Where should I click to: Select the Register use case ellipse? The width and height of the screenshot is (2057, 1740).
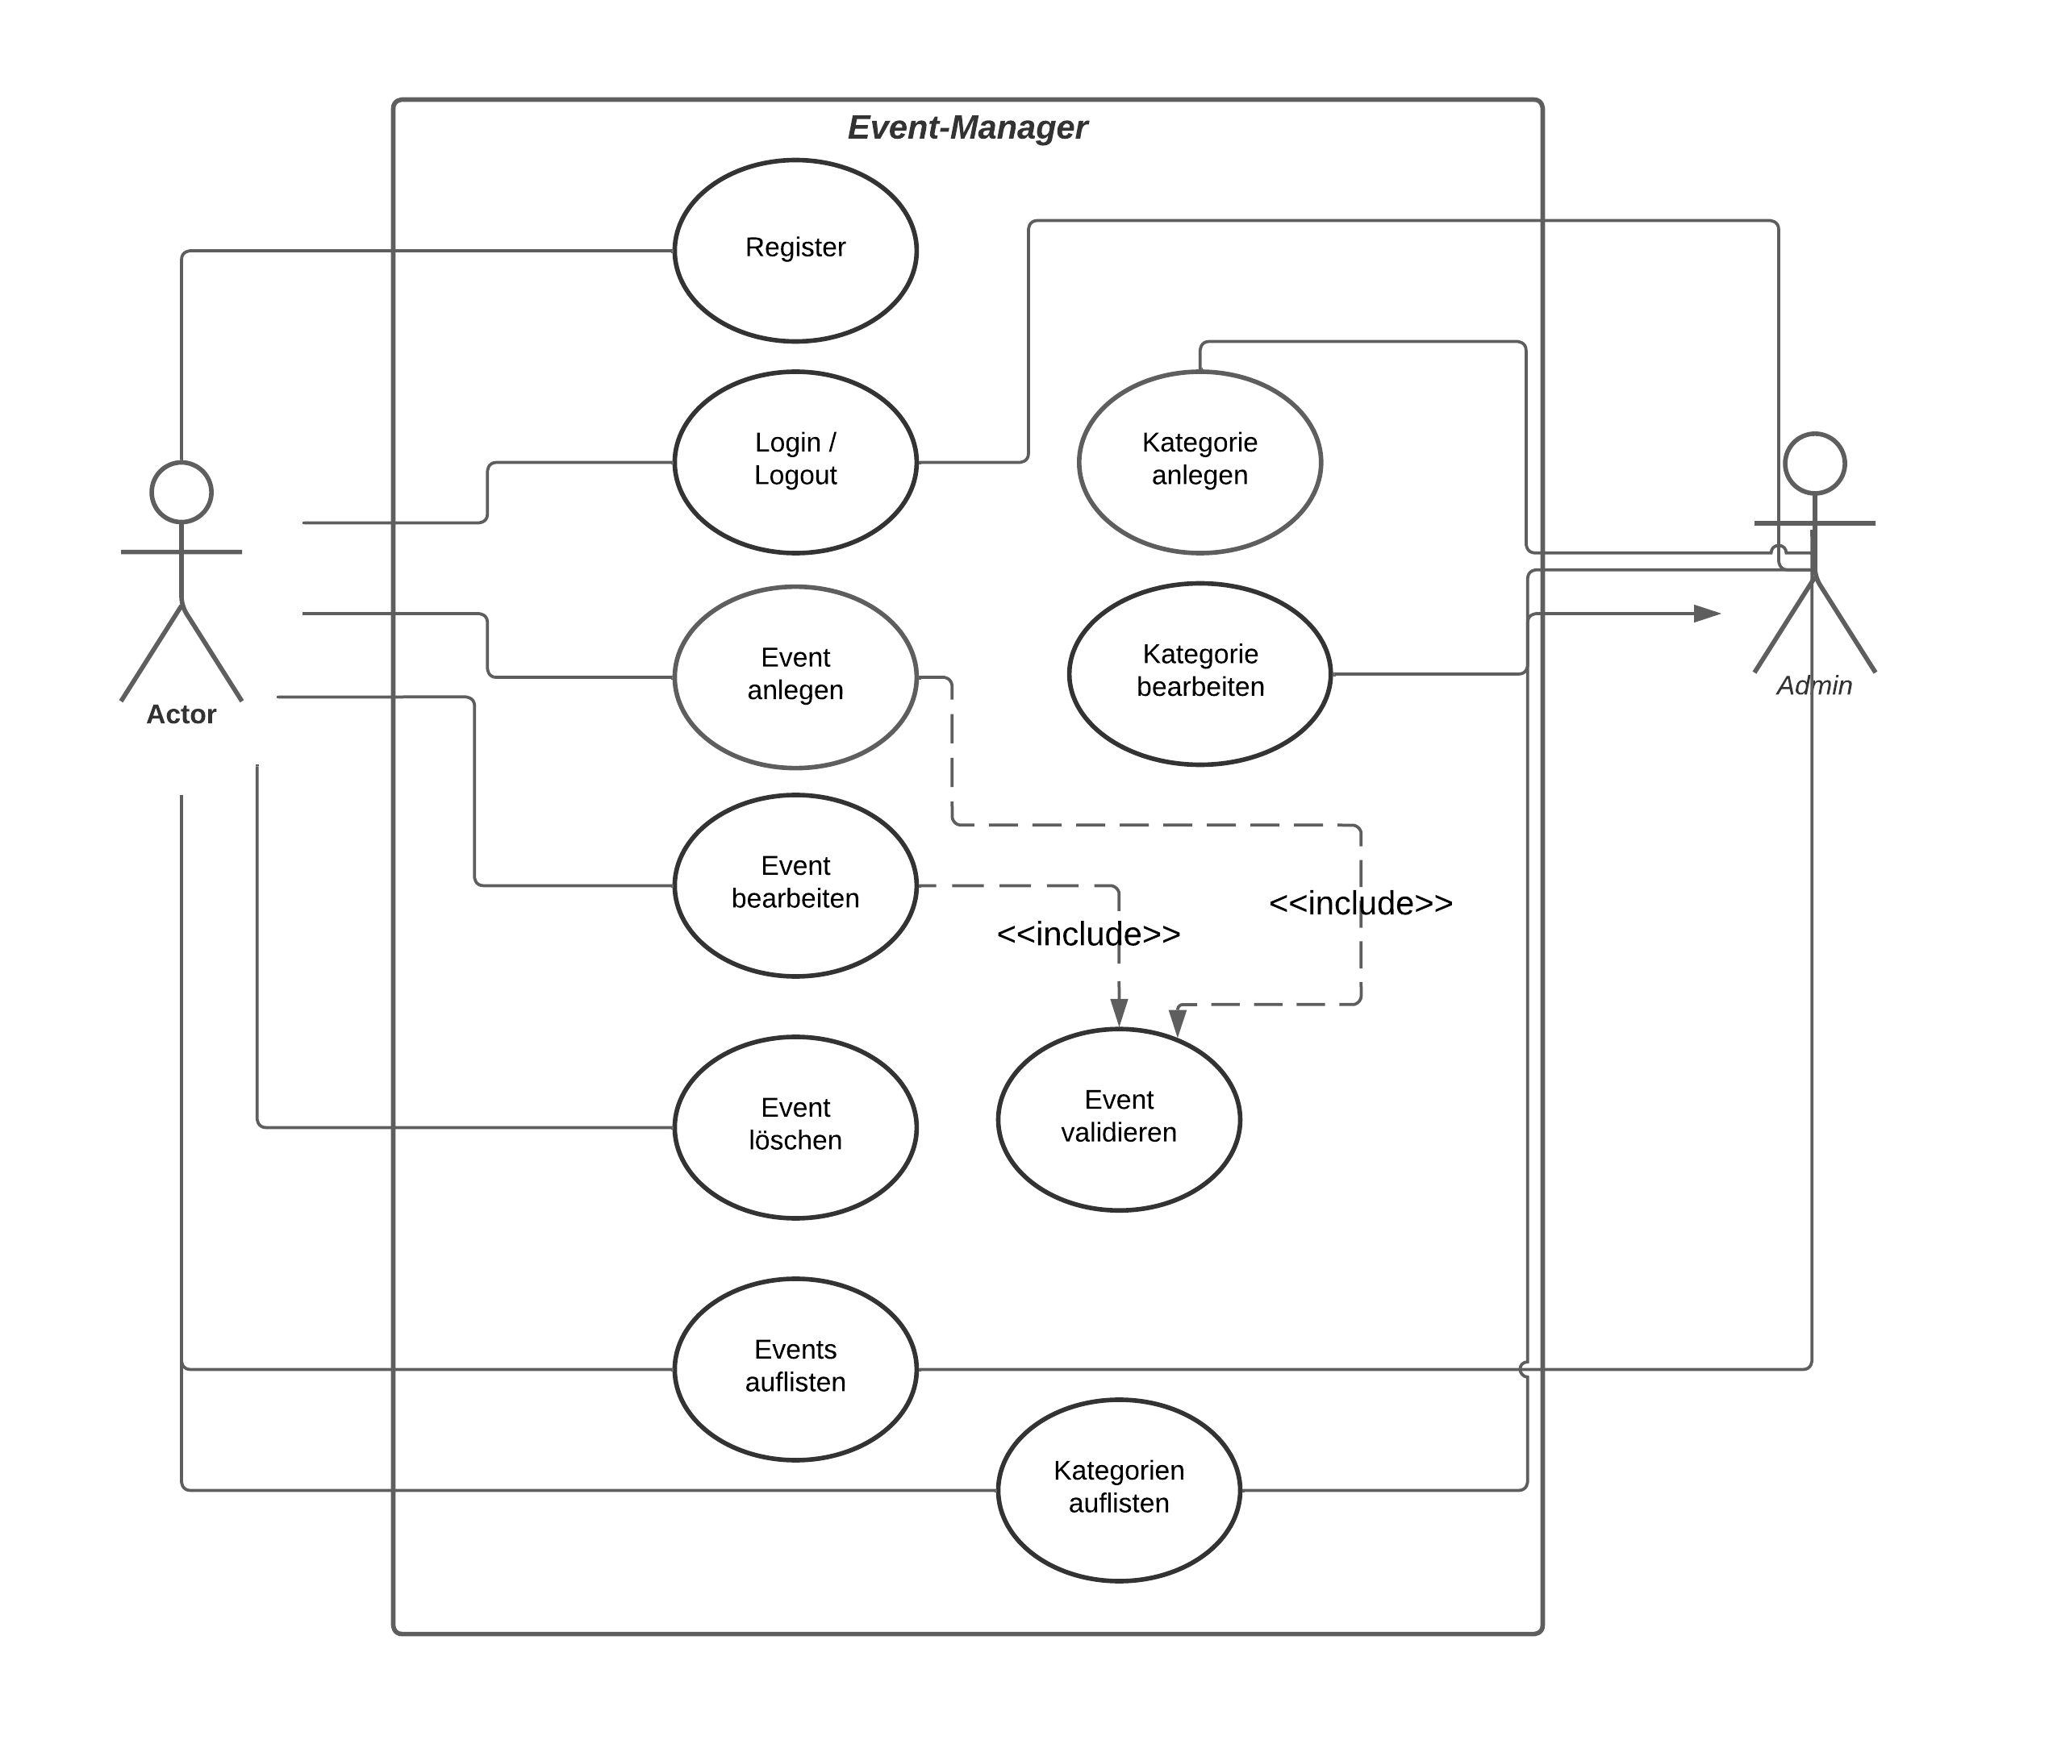[x=795, y=251]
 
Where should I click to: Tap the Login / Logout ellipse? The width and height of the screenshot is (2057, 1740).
[x=795, y=462]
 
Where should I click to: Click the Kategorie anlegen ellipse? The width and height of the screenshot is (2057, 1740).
[x=1199, y=462]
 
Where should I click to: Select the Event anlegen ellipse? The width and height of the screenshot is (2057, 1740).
[x=795, y=676]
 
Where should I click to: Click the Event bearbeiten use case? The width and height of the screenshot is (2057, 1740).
[x=795, y=885]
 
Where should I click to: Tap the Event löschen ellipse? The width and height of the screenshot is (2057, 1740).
[x=795, y=1126]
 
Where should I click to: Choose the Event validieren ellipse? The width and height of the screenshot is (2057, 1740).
[x=1118, y=1118]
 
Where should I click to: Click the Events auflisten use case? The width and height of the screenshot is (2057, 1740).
[x=795, y=1368]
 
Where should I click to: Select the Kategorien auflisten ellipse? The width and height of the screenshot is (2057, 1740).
[x=1118, y=1489]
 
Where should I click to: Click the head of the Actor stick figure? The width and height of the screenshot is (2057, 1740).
[x=181, y=491]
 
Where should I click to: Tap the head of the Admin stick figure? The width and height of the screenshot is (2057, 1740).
[x=1813, y=463]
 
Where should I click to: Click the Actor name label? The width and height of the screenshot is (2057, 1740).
[x=181, y=714]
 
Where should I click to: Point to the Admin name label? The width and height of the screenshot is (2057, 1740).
[x=1813, y=685]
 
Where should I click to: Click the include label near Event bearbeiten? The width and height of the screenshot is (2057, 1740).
[x=1087, y=933]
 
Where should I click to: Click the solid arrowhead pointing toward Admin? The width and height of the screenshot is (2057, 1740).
[x=1706, y=614]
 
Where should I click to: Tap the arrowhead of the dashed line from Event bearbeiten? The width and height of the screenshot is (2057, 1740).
[x=1118, y=1012]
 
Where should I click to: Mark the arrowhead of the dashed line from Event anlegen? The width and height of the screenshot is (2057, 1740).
[x=1176, y=1022]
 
